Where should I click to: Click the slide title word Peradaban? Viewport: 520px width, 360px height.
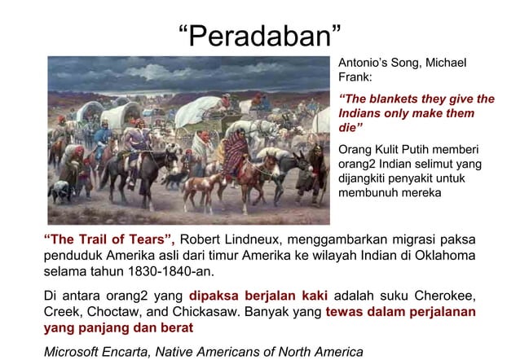tap(259, 37)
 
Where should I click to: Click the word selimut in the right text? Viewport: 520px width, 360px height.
tap(439, 164)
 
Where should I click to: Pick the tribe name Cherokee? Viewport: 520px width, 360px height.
tap(441, 295)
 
